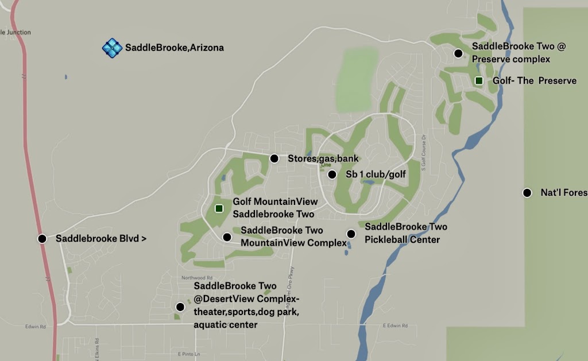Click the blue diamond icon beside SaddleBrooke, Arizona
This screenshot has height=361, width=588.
[112, 48]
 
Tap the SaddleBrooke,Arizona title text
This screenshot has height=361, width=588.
[175, 48]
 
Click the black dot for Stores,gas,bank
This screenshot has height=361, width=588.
[274, 158]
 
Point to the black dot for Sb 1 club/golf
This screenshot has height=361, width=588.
[332, 174]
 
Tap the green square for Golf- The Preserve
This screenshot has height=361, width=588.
[479, 81]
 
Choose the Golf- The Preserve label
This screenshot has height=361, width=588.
[535, 81]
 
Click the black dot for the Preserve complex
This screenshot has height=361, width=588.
[458, 53]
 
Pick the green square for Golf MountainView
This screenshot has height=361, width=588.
[219, 208]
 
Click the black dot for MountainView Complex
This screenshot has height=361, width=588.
[227, 237]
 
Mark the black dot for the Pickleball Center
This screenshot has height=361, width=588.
[351, 234]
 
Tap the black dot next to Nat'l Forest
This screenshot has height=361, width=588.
[527, 193]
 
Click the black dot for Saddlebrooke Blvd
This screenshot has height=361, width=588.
[42, 239]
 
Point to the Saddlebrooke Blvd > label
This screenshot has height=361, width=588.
[101, 239]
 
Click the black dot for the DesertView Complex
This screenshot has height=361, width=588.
[180, 306]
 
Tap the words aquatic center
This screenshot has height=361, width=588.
[226, 325]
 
